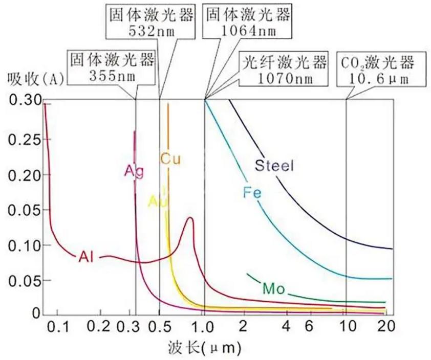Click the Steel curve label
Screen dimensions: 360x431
(x=275, y=165)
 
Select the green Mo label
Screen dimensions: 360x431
(x=272, y=288)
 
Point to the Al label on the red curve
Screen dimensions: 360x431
(x=87, y=256)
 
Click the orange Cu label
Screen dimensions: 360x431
(x=171, y=159)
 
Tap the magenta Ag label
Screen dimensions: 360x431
(x=134, y=171)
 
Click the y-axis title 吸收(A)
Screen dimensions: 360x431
(x=34, y=79)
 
